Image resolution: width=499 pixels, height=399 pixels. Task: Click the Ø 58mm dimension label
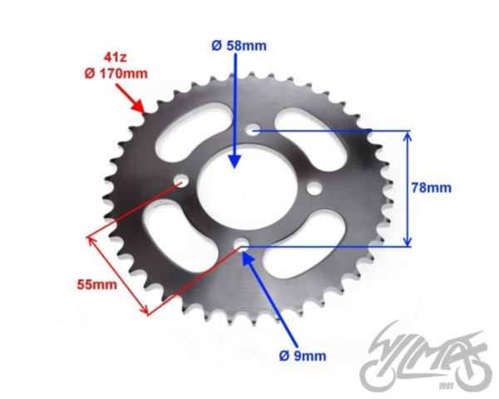(239, 46)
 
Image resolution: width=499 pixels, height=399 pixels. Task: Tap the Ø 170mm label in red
(116, 74)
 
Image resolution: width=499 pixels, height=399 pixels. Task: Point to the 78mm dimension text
(431, 188)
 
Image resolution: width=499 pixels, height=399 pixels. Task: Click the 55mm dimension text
(97, 284)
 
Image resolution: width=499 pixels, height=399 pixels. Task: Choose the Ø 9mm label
(303, 356)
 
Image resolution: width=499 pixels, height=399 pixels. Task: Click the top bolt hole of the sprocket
(254, 129)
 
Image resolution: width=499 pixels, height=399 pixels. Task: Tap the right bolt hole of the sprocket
(314, 189)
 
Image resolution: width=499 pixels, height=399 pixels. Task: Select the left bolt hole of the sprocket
(181, 180)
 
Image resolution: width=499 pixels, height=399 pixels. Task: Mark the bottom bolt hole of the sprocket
(241, 244)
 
